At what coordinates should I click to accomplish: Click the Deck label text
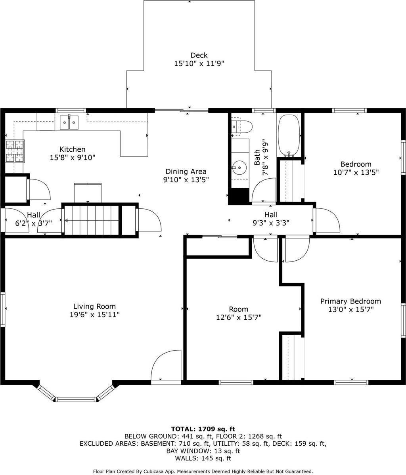pyautogui.click(x=199, y=55)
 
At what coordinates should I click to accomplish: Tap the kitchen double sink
pyautogui.click(x=69, y=122)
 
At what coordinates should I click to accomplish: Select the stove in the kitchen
pyautogui.click(x=15, y=151)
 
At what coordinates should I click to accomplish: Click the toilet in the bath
pyautogui.click(x=242, y=127)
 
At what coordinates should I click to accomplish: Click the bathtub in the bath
pyautogui.click(x=289, y=135)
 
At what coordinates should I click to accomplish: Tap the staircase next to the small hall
pyautogui.click(x=92, y=220)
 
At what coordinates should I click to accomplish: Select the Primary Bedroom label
pyautogui.click(x=350, y=301)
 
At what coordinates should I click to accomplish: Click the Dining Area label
pyautogui.click(x=186, y=172)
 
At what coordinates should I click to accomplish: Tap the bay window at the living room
pyautogui.click(x=76, y=398)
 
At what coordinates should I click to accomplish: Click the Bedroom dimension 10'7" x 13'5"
pyautogui.click(x=356, y=173)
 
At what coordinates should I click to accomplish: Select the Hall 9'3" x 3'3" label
pyautogui.click(x=271, y=219)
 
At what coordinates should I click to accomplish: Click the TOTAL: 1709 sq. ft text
pyautogui.click(x=203, y=429)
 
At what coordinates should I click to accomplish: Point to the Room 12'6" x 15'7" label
pyautogui.click(x=238, y=313)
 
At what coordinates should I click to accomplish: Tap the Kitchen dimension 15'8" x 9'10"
pyautogui.click(x=72, y=158)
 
